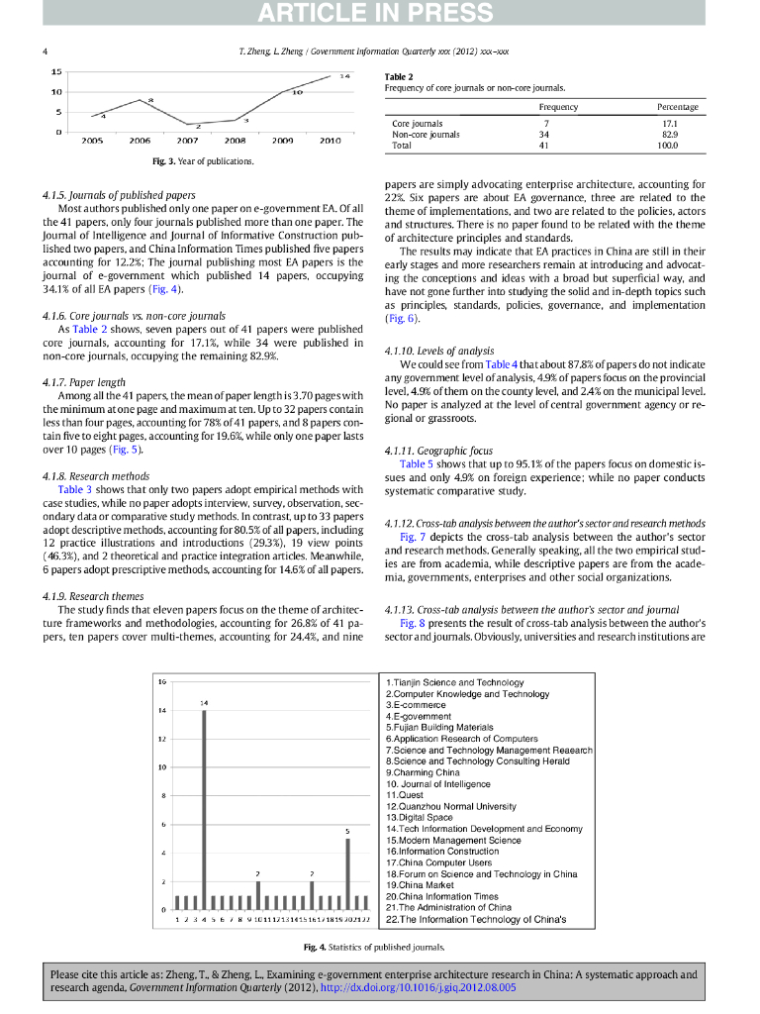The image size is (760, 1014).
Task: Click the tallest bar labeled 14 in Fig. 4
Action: tap(204, 808)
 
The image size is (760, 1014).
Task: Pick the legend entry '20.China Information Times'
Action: tap(442, 896)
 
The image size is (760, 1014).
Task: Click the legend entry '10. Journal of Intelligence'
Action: tap(438, 784)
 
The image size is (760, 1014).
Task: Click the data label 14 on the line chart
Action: tap(343, 76)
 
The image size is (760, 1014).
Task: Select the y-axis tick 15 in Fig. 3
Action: tap(57, 71)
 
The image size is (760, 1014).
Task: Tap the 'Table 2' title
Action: tap(399, 76)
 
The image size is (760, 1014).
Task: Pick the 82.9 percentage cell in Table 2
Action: tap(669, 135)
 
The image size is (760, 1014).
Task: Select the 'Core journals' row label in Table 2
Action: tap(418, 124)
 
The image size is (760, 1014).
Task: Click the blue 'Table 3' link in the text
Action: tap(75, 489)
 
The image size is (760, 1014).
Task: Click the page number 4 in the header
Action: tap(47, 51)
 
